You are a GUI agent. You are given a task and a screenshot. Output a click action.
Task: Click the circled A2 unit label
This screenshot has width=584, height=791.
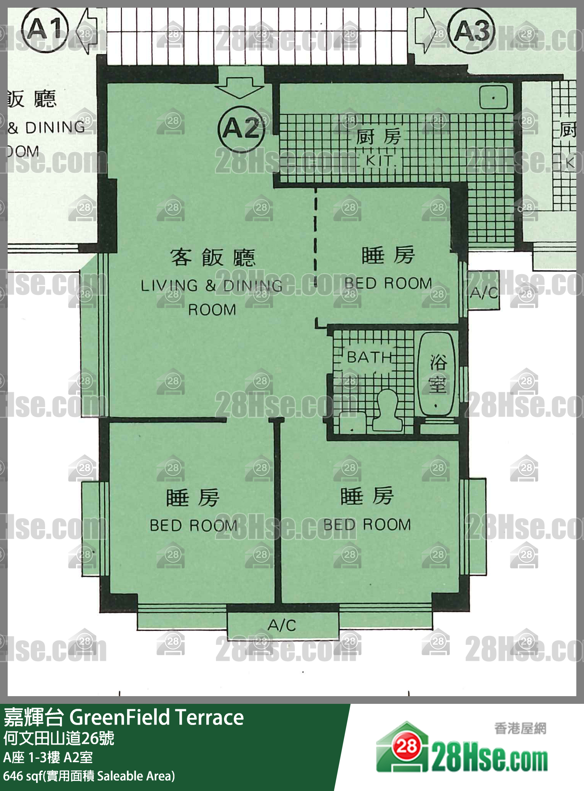point(241,128)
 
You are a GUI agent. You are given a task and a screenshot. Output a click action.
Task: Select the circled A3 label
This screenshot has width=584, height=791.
point(471,30)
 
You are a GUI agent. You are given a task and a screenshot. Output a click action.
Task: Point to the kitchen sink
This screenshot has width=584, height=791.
point(493,97)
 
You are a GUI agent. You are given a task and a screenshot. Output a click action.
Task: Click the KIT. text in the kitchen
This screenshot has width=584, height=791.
point(380,161)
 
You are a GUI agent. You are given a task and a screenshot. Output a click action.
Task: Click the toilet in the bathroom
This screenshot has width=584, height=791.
point(388,411)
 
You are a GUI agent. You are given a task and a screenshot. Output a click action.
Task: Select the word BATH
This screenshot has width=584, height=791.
point(369,357)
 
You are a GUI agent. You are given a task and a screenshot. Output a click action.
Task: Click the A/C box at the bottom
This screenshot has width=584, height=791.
point(283,625)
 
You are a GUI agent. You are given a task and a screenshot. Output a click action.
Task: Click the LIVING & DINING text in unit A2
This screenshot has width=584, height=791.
point(211,286)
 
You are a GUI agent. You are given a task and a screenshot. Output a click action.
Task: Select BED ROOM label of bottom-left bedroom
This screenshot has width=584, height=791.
point(193,525)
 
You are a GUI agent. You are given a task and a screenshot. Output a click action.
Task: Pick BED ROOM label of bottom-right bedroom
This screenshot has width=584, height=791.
point(367,525)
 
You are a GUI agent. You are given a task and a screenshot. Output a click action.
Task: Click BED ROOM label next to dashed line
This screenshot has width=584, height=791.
point(388,283)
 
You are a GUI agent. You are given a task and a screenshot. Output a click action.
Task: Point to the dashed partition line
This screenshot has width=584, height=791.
point(315,253)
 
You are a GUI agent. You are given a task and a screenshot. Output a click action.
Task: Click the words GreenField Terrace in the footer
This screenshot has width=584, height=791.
point(156,717)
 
